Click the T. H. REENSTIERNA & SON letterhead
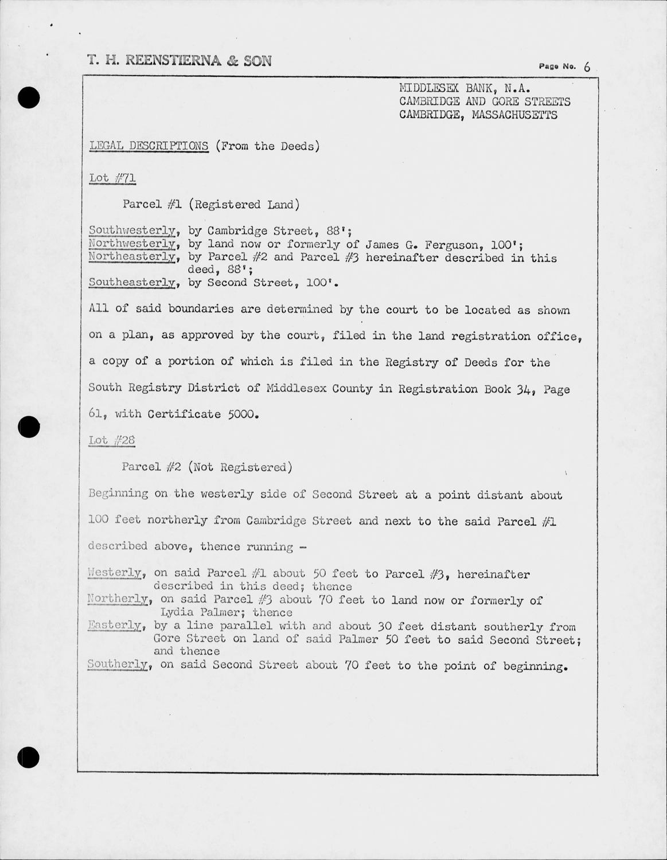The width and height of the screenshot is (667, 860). click(x=179, y=61)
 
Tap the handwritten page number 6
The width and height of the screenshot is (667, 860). click(x=587, y=67)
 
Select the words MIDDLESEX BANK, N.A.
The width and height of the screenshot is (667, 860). click(x=465, y=88)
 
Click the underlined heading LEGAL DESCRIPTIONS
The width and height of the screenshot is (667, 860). click(x=149, y=146)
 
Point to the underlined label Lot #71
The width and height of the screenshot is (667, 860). click(x=112, y=178)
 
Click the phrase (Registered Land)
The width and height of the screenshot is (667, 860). click(x=241, y=204)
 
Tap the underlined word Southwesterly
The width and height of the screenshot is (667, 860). click(x=132, y=230)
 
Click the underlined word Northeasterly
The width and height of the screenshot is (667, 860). click(x=132, y=257)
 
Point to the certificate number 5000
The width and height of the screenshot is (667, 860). click(x=240, y=414)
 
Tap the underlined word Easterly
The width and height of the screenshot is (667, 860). click(x=115, y=626)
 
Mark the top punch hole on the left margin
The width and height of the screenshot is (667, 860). click(x=28, y=97)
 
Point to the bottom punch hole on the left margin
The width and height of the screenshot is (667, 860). click(x=28, y=758)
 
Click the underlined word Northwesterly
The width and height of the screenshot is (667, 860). click(x=132, y=244)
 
